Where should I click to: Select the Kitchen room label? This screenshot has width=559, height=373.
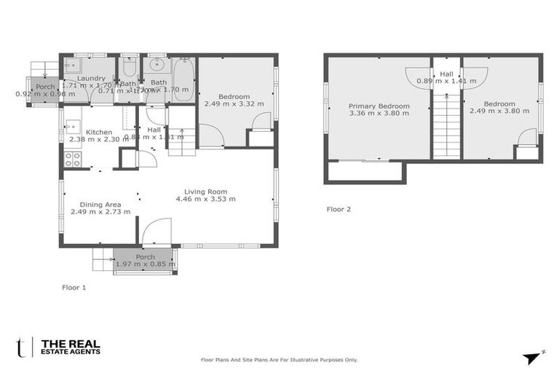(98, 132)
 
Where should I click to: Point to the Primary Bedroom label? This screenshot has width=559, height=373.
(378, 106)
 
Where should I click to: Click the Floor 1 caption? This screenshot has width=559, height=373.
(74, 288)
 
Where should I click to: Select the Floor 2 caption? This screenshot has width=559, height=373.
(338, 209)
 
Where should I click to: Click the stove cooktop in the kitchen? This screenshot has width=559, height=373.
(73, 160)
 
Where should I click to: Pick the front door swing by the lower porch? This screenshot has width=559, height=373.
(157, 233)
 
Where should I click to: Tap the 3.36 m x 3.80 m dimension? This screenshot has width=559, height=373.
(378, 114)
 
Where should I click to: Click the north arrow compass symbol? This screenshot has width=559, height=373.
(533, 357)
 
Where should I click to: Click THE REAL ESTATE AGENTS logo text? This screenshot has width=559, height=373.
(71, 348)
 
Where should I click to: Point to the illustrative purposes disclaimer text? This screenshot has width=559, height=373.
(279, 360)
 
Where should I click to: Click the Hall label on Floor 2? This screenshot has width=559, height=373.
(445, 74)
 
